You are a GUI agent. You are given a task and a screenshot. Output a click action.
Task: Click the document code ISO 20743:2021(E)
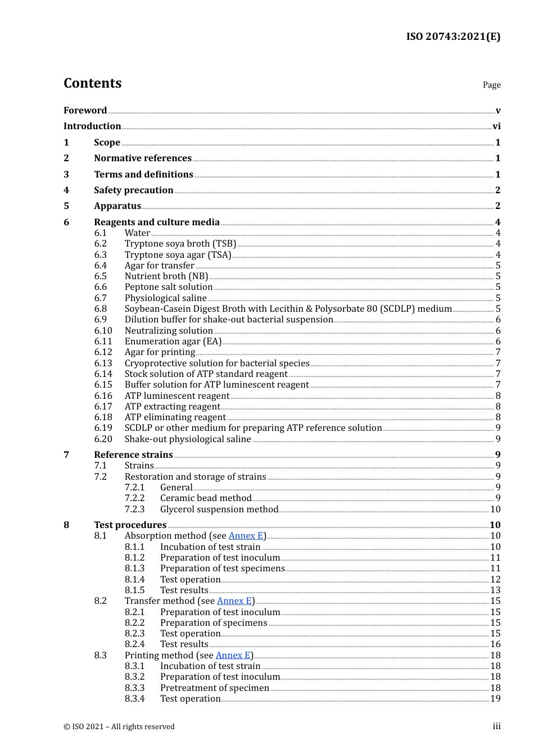(x=453, y=37)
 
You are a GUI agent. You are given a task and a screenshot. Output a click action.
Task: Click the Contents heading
(x=93, y=83)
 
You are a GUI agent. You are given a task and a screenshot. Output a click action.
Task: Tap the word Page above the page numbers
(x=491, y=85)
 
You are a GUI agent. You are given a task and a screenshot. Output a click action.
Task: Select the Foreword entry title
(x=85, y=111)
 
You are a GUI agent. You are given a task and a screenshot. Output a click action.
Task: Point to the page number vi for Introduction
(x=496, y=126)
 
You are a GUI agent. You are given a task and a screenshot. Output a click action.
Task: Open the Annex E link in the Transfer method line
(x=234, y=601)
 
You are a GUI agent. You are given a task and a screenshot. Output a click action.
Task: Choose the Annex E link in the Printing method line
(x=233, y=656)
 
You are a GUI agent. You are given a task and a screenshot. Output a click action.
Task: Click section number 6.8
(x=101, y=309)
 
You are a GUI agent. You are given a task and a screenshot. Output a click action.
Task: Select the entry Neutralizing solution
(x=169, y=331)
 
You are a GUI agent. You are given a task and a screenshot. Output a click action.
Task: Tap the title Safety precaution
(x=134, y=190)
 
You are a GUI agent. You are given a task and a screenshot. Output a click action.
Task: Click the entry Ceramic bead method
(x=206, y=498)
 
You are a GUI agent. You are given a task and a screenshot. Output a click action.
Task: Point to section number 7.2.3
(x=135, y=510)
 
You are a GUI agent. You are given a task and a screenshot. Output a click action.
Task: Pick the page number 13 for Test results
(x=495, y=590)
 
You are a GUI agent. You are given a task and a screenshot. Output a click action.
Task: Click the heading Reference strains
(x=133, y=455)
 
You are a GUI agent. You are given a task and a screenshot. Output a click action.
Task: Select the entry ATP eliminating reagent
(x=175, y=417)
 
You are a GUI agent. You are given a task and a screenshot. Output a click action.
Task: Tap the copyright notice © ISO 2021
(x=119, y=727)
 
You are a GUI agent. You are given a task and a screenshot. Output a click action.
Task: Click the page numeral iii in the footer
(x=496, y=726)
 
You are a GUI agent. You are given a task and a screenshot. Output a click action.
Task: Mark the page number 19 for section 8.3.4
(x=495, y=699)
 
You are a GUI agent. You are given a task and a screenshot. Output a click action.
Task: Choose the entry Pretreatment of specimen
(x=215, y=688)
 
